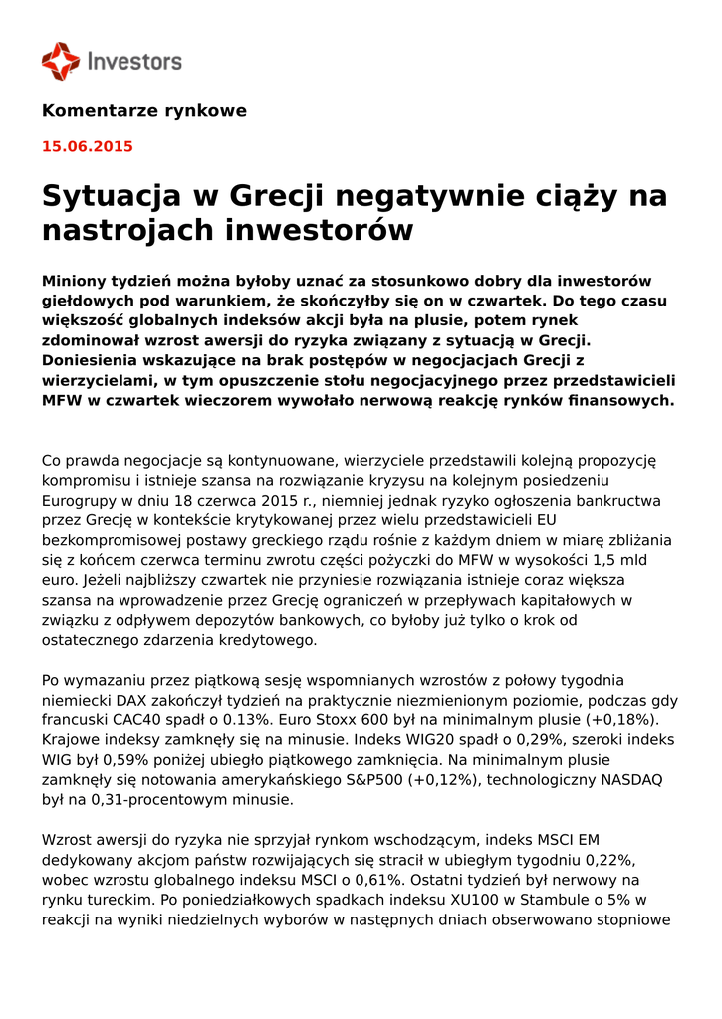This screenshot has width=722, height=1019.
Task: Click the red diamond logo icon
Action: point(60,61)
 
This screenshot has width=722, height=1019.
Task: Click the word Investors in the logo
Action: point(135,62)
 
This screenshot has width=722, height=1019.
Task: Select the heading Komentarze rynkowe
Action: point(144,111)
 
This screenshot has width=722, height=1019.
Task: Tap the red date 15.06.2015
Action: point(87,147)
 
